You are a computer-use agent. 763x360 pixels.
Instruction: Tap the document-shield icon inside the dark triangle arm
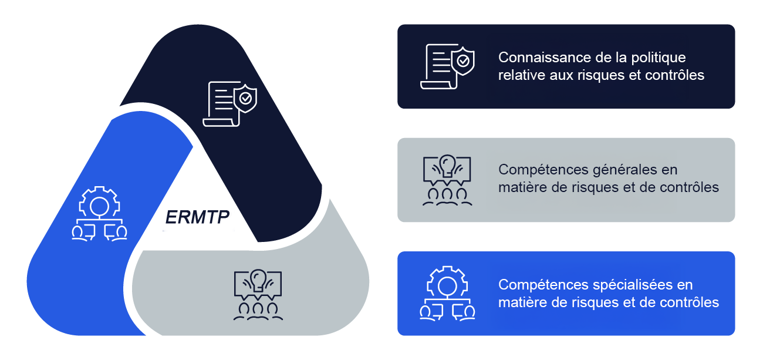(x=229, y=104)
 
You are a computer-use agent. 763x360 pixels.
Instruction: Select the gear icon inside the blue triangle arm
(x=99, y=213)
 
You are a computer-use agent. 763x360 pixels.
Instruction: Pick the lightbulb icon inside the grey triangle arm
(x=258, y=294)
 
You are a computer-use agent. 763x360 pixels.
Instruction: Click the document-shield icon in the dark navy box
(x=447, y=66)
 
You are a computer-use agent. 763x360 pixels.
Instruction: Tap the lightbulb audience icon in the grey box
(x=447, y=180)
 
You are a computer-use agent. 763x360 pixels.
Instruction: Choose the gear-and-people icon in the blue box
(x=447, y=293)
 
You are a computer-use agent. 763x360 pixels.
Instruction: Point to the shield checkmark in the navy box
(x=464, y=60)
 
